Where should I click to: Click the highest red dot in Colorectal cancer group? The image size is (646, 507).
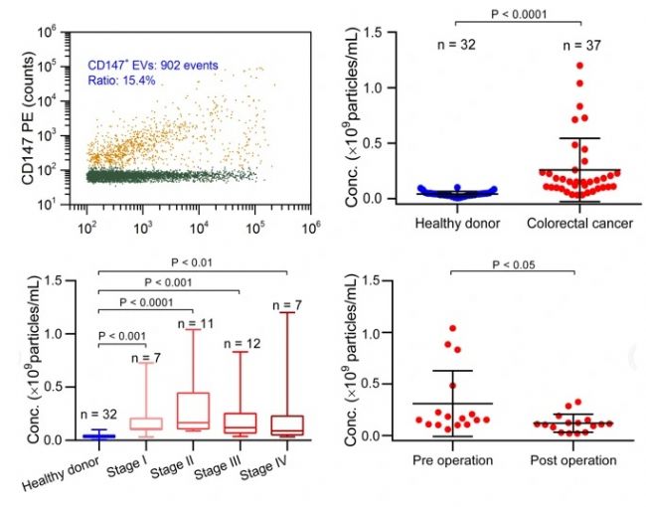click(579, 66)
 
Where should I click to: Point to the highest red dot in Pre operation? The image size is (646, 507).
click(452, 328)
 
